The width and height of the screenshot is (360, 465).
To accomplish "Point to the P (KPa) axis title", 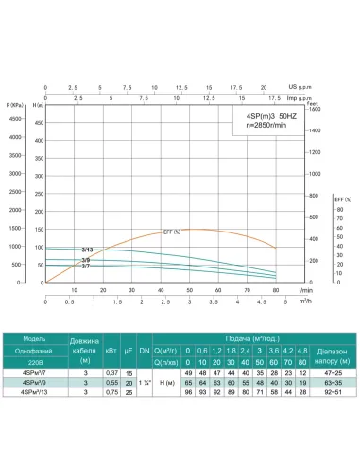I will (x=16, y=103).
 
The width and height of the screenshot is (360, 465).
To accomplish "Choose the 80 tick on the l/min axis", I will (x=276, y=289).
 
